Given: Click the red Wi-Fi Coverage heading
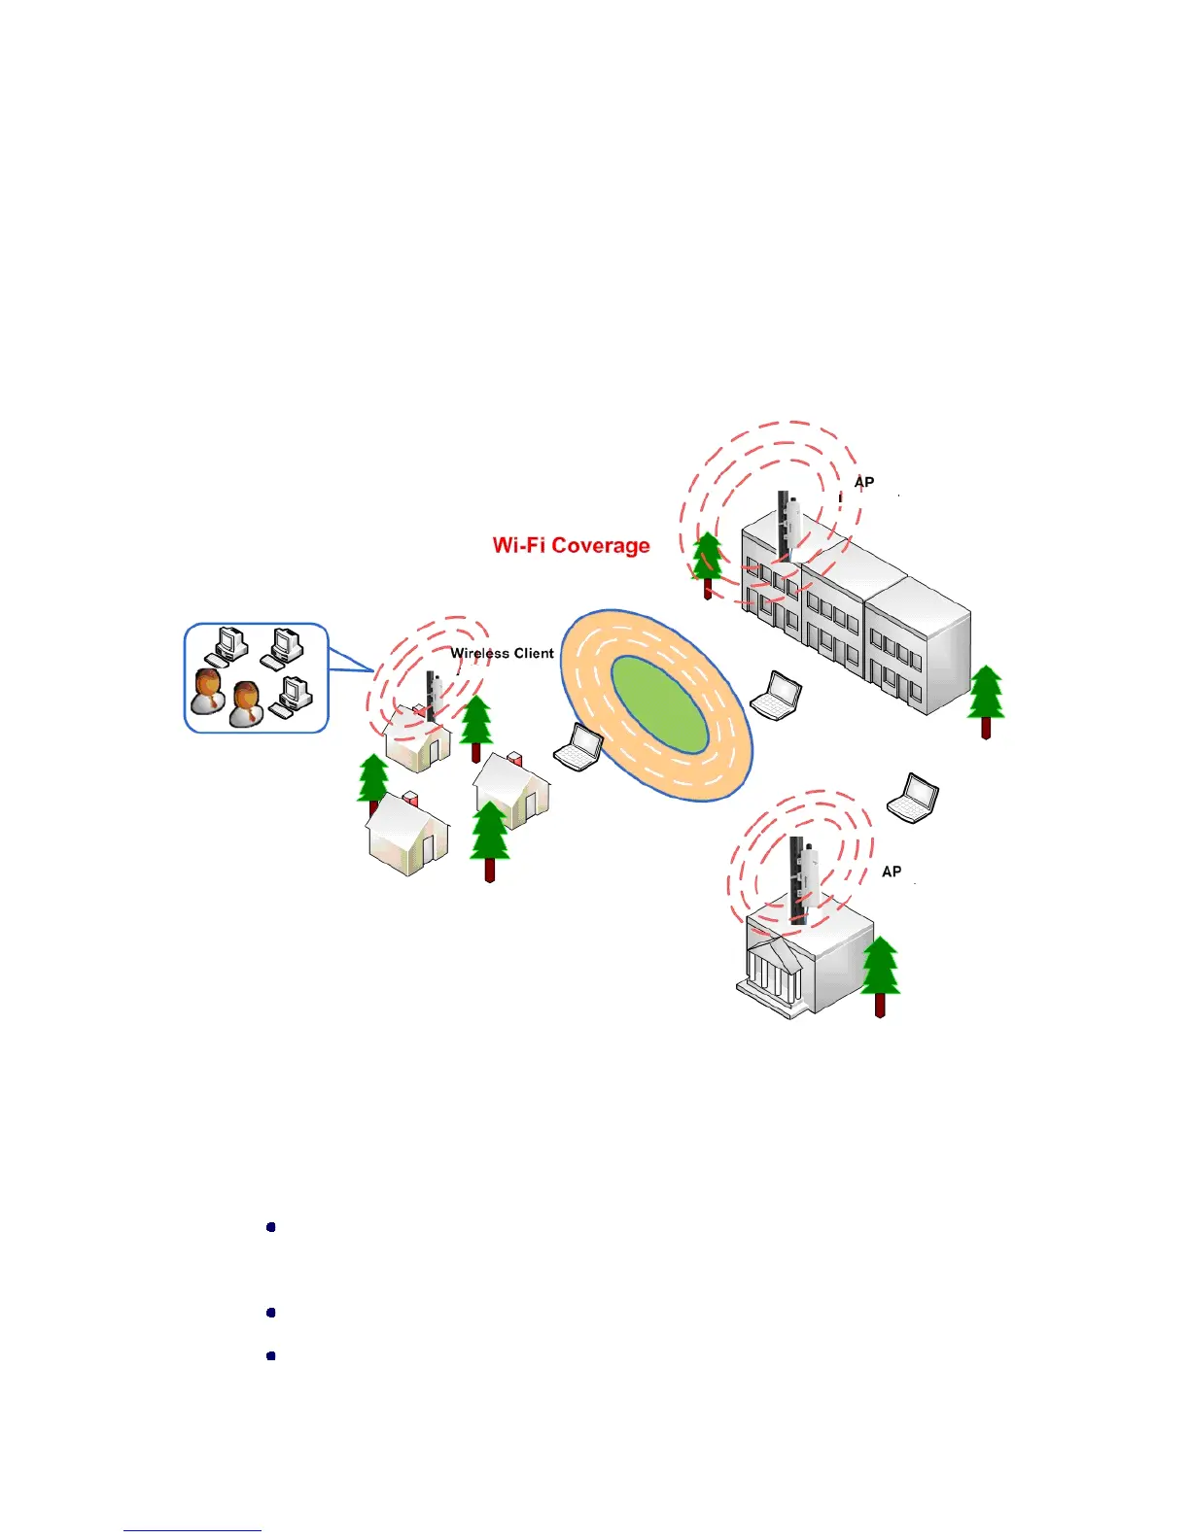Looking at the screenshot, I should pyautogui.click(x=571, y=545).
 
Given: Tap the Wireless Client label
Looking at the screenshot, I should pyautogui.click(x=502, y=653).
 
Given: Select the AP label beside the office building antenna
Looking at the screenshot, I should pyautogui.click(x=863, y=482).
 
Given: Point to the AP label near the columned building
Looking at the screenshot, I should pyautogui.click(x=891, y=872).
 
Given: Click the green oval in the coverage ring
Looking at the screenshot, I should pyautogui.click(x=658, y=703).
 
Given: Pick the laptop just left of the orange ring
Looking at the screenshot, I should pyautogui.click(x=578, y=747).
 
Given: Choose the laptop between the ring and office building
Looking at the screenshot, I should pyautogui.click(x=776, y=696).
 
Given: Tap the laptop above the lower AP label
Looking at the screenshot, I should pyautogui.click(x=913, y=798).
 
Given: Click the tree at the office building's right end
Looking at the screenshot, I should pyautogui.click(x=986, y=700).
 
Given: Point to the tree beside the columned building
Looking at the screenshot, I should pyautogui.click(x=880, y=974).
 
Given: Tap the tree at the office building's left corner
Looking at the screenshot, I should pyautogui.click(x=707, y=563).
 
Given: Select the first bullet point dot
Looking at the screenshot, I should pyautogui.click(x=271, y=1227).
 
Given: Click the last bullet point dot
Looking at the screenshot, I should pyautogui.click(x=271, y=1355).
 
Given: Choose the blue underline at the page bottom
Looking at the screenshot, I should pyautogui.click(x=192, y=1530).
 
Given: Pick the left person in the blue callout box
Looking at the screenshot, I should pyautogui.click(x=207, y=691).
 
